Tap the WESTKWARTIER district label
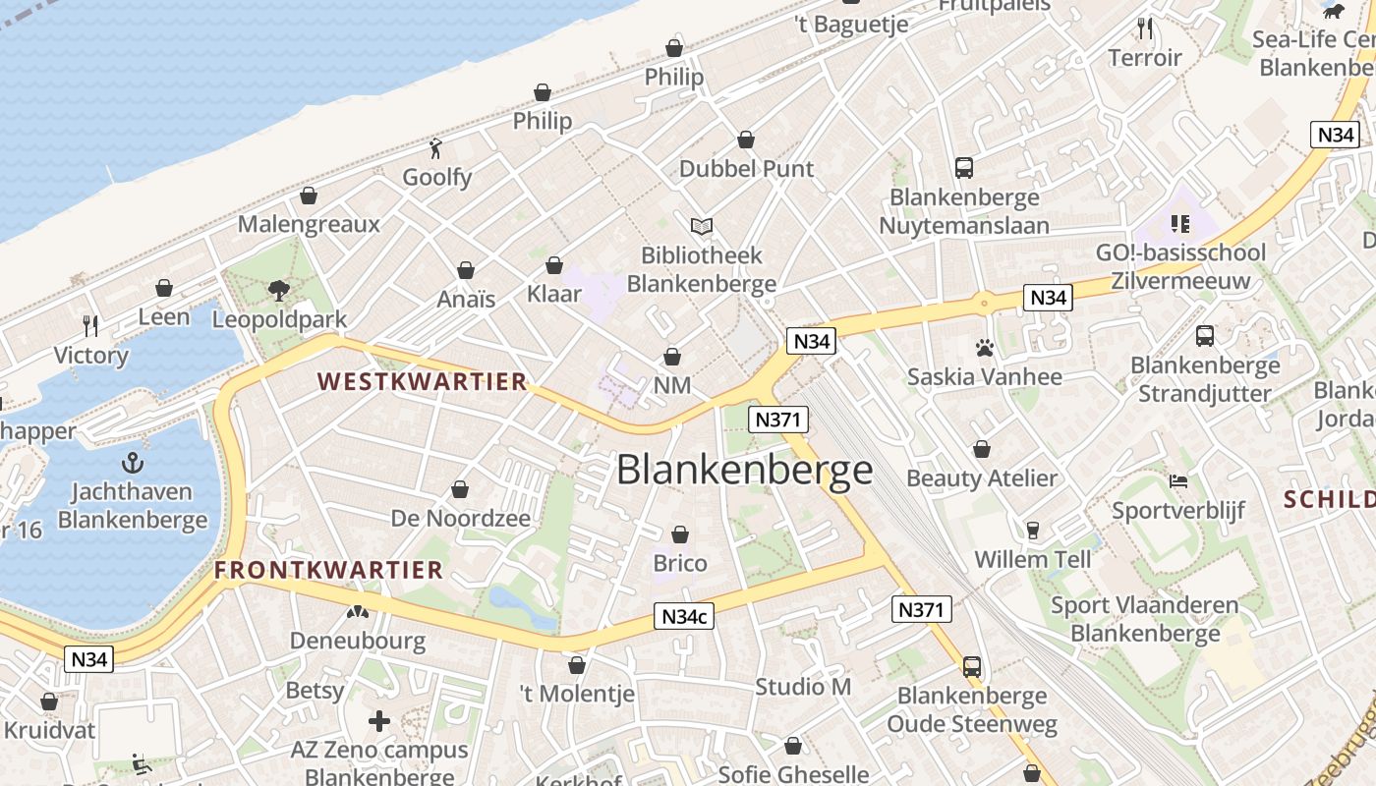click(422, 382)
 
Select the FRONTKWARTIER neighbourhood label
click(329, 570)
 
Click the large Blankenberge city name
click(744, 471)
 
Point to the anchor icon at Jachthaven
click(132, 463)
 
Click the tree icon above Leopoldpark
click(279, 290)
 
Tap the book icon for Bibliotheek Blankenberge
click(701, 227)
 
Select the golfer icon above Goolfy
click(436, 148)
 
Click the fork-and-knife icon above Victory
click(90, 325)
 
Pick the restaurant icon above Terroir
click(1144, 28)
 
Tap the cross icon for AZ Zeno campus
click(378, 721)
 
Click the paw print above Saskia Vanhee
click(984, 347)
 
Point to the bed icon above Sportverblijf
click(1178, 481)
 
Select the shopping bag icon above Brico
click(679, 534)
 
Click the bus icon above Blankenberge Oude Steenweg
click(971, 667)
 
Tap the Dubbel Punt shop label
click(746, 169)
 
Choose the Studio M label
click(802, 687)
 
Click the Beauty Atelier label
click(981, 478)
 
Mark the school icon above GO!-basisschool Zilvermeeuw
click(1180, 224)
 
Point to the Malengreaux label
click(309, 224)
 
